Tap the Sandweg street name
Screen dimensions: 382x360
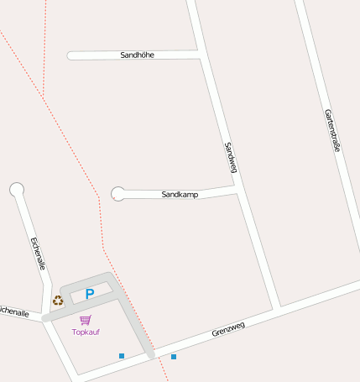230,158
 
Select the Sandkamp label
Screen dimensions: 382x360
180,194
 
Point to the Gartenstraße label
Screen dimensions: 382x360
331,130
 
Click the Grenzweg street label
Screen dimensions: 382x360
228,330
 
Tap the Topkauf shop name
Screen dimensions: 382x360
86,332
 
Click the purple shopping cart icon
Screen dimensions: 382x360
86,320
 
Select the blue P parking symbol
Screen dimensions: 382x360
90,295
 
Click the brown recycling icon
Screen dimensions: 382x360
58,300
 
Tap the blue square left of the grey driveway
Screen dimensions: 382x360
122,356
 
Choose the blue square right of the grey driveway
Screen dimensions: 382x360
174,357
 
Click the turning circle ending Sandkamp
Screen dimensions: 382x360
118,194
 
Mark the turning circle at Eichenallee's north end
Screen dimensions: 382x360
17,190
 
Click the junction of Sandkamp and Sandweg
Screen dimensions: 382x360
237,191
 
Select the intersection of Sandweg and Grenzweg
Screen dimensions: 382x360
276,308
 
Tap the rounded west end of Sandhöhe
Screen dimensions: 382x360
71,56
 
